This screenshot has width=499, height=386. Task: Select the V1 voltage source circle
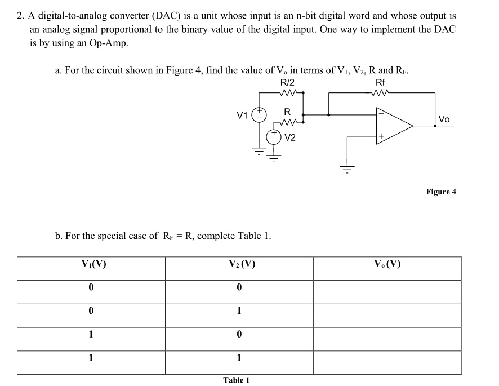(259, 116)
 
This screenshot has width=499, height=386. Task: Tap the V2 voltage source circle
(273, 136)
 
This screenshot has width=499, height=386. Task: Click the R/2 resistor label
(287, 83)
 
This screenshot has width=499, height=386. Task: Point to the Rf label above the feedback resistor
(381, 83)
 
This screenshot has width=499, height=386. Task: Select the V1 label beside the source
(242, 116)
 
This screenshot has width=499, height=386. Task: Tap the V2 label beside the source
(291, 137)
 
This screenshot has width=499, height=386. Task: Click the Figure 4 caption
(441, 192)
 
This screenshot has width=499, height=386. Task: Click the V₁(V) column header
(91, 263)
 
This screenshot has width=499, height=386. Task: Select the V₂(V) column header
(239, 263)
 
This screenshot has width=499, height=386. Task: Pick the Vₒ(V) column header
(387, 263)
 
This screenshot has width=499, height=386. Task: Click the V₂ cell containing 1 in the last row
(239, 357)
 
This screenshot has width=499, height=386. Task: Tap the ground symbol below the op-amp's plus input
(346, 167)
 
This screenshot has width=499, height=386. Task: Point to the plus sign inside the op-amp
(381, 136)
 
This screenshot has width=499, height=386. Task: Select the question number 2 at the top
(20, 15)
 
